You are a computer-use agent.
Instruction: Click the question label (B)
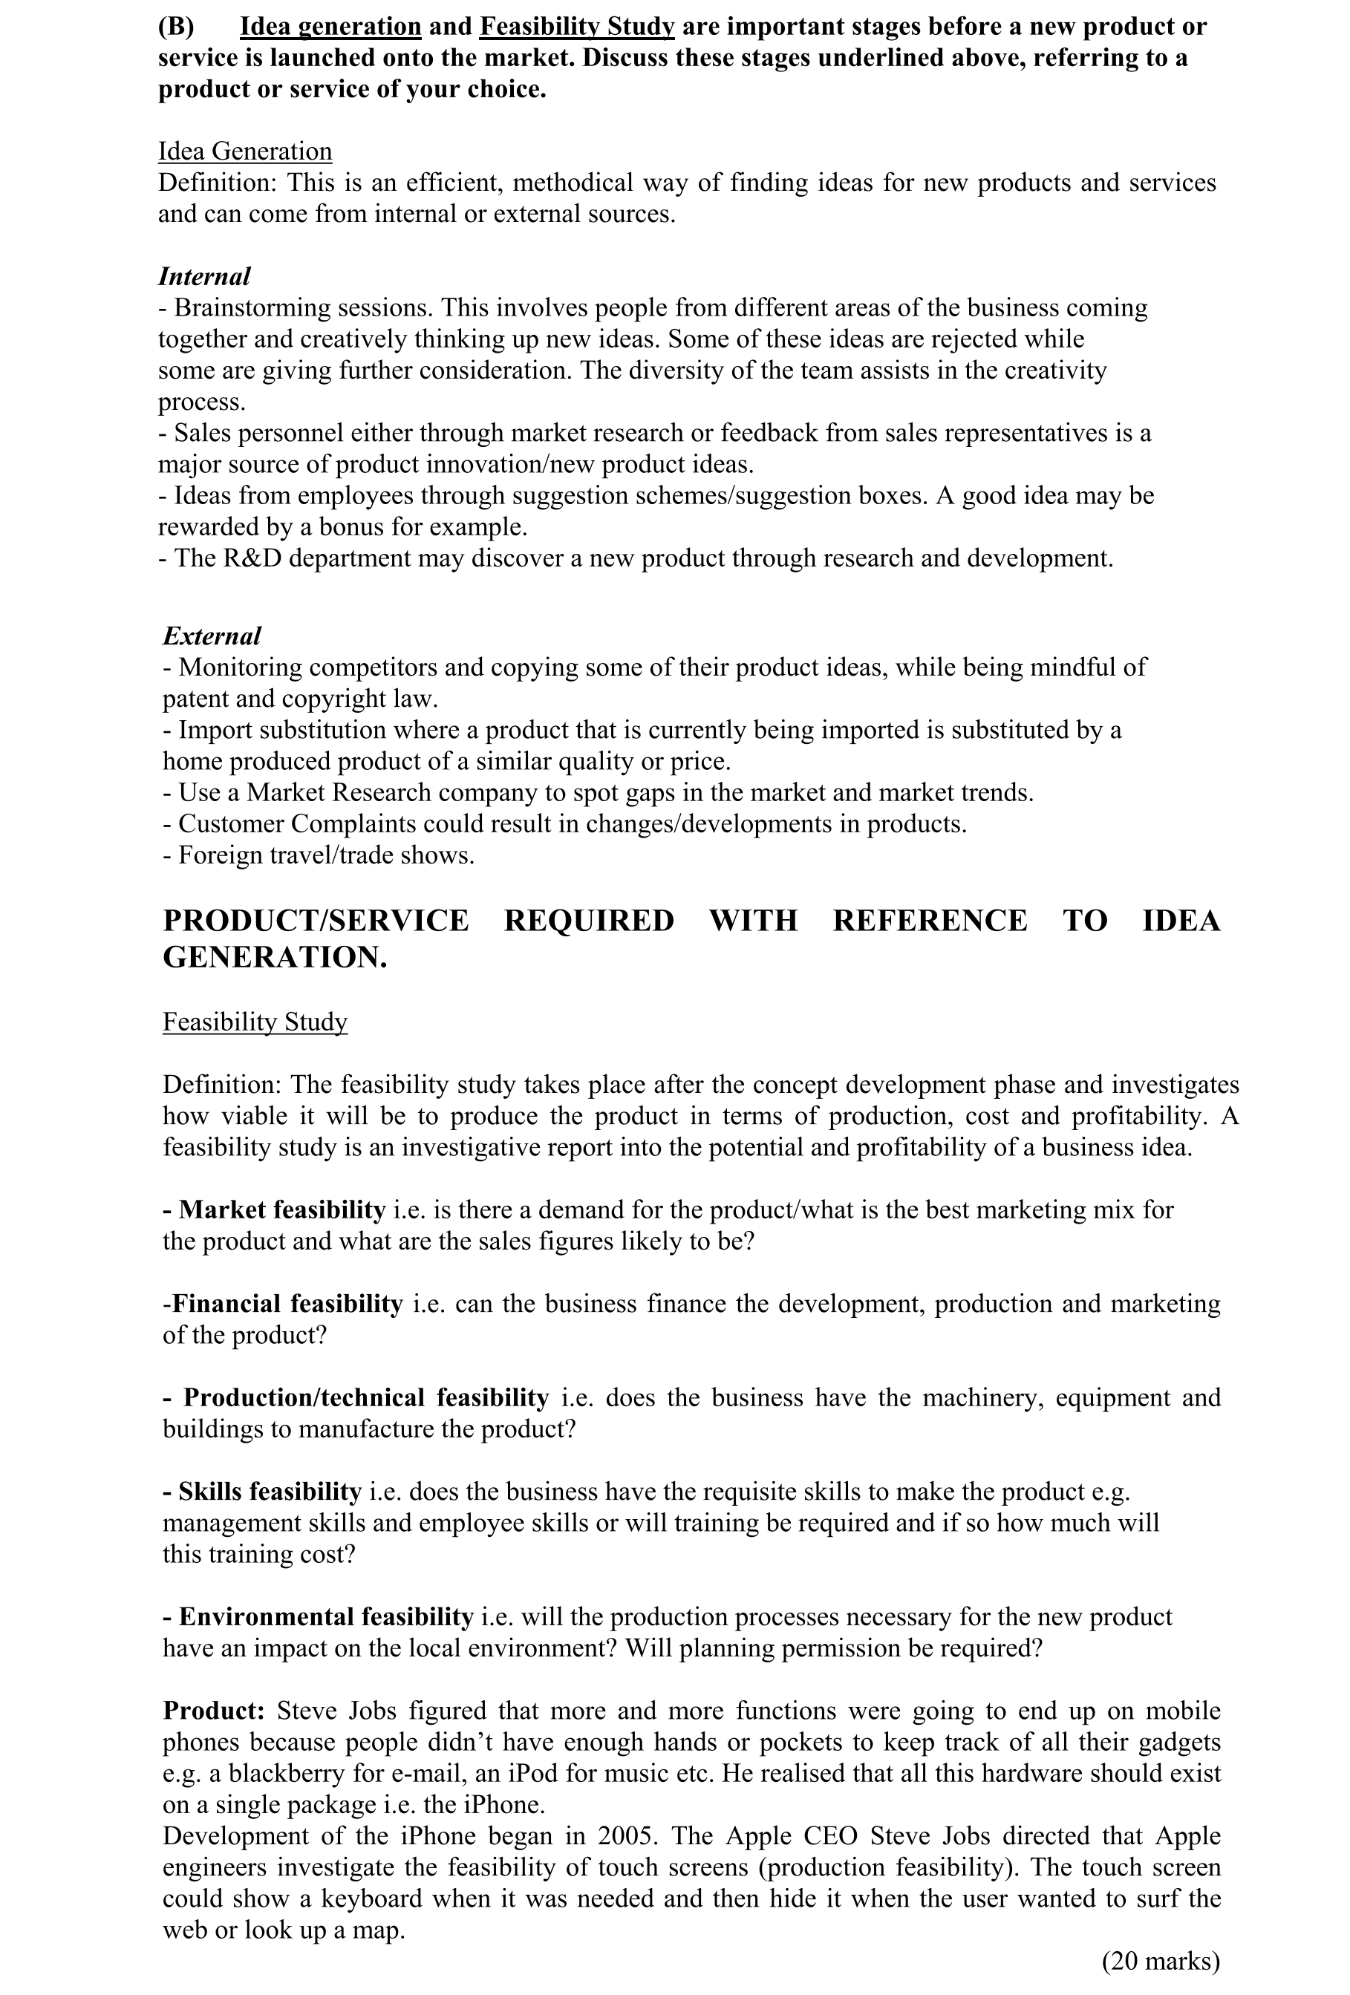coord(176,27)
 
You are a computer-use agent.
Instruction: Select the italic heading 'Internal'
coord(203,276)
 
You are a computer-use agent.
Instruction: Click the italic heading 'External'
coord(211,636)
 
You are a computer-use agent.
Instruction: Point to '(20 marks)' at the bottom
coord(1160,1961)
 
